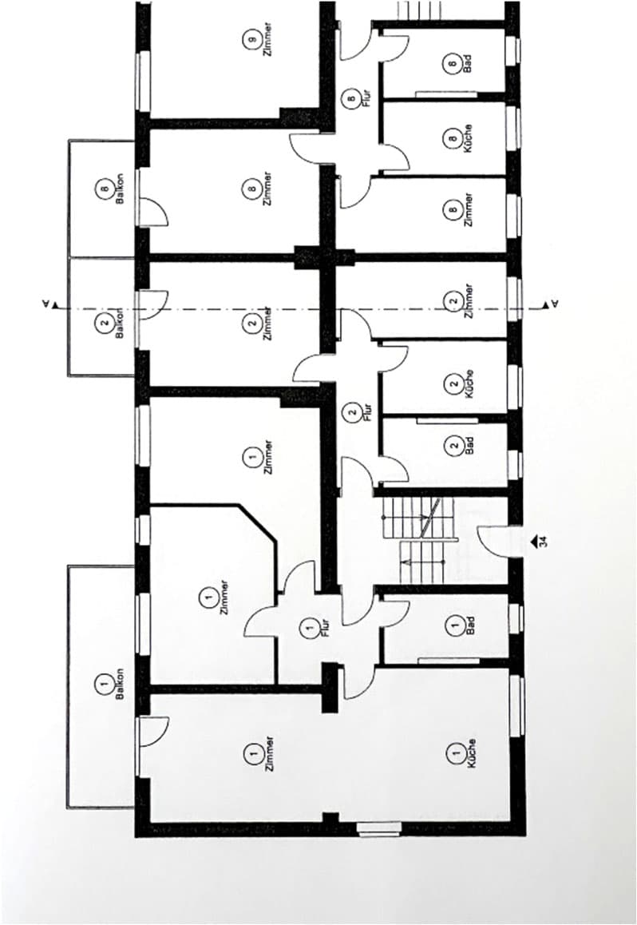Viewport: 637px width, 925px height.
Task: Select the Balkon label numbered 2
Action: pos(112,324)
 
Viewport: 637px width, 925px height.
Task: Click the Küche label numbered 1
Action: pos(461,753)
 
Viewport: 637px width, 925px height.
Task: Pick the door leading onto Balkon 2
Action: pos(153,306)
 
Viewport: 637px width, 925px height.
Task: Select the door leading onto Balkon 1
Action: pos(153,732)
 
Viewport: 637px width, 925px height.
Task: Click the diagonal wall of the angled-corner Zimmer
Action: pos(258,522)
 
